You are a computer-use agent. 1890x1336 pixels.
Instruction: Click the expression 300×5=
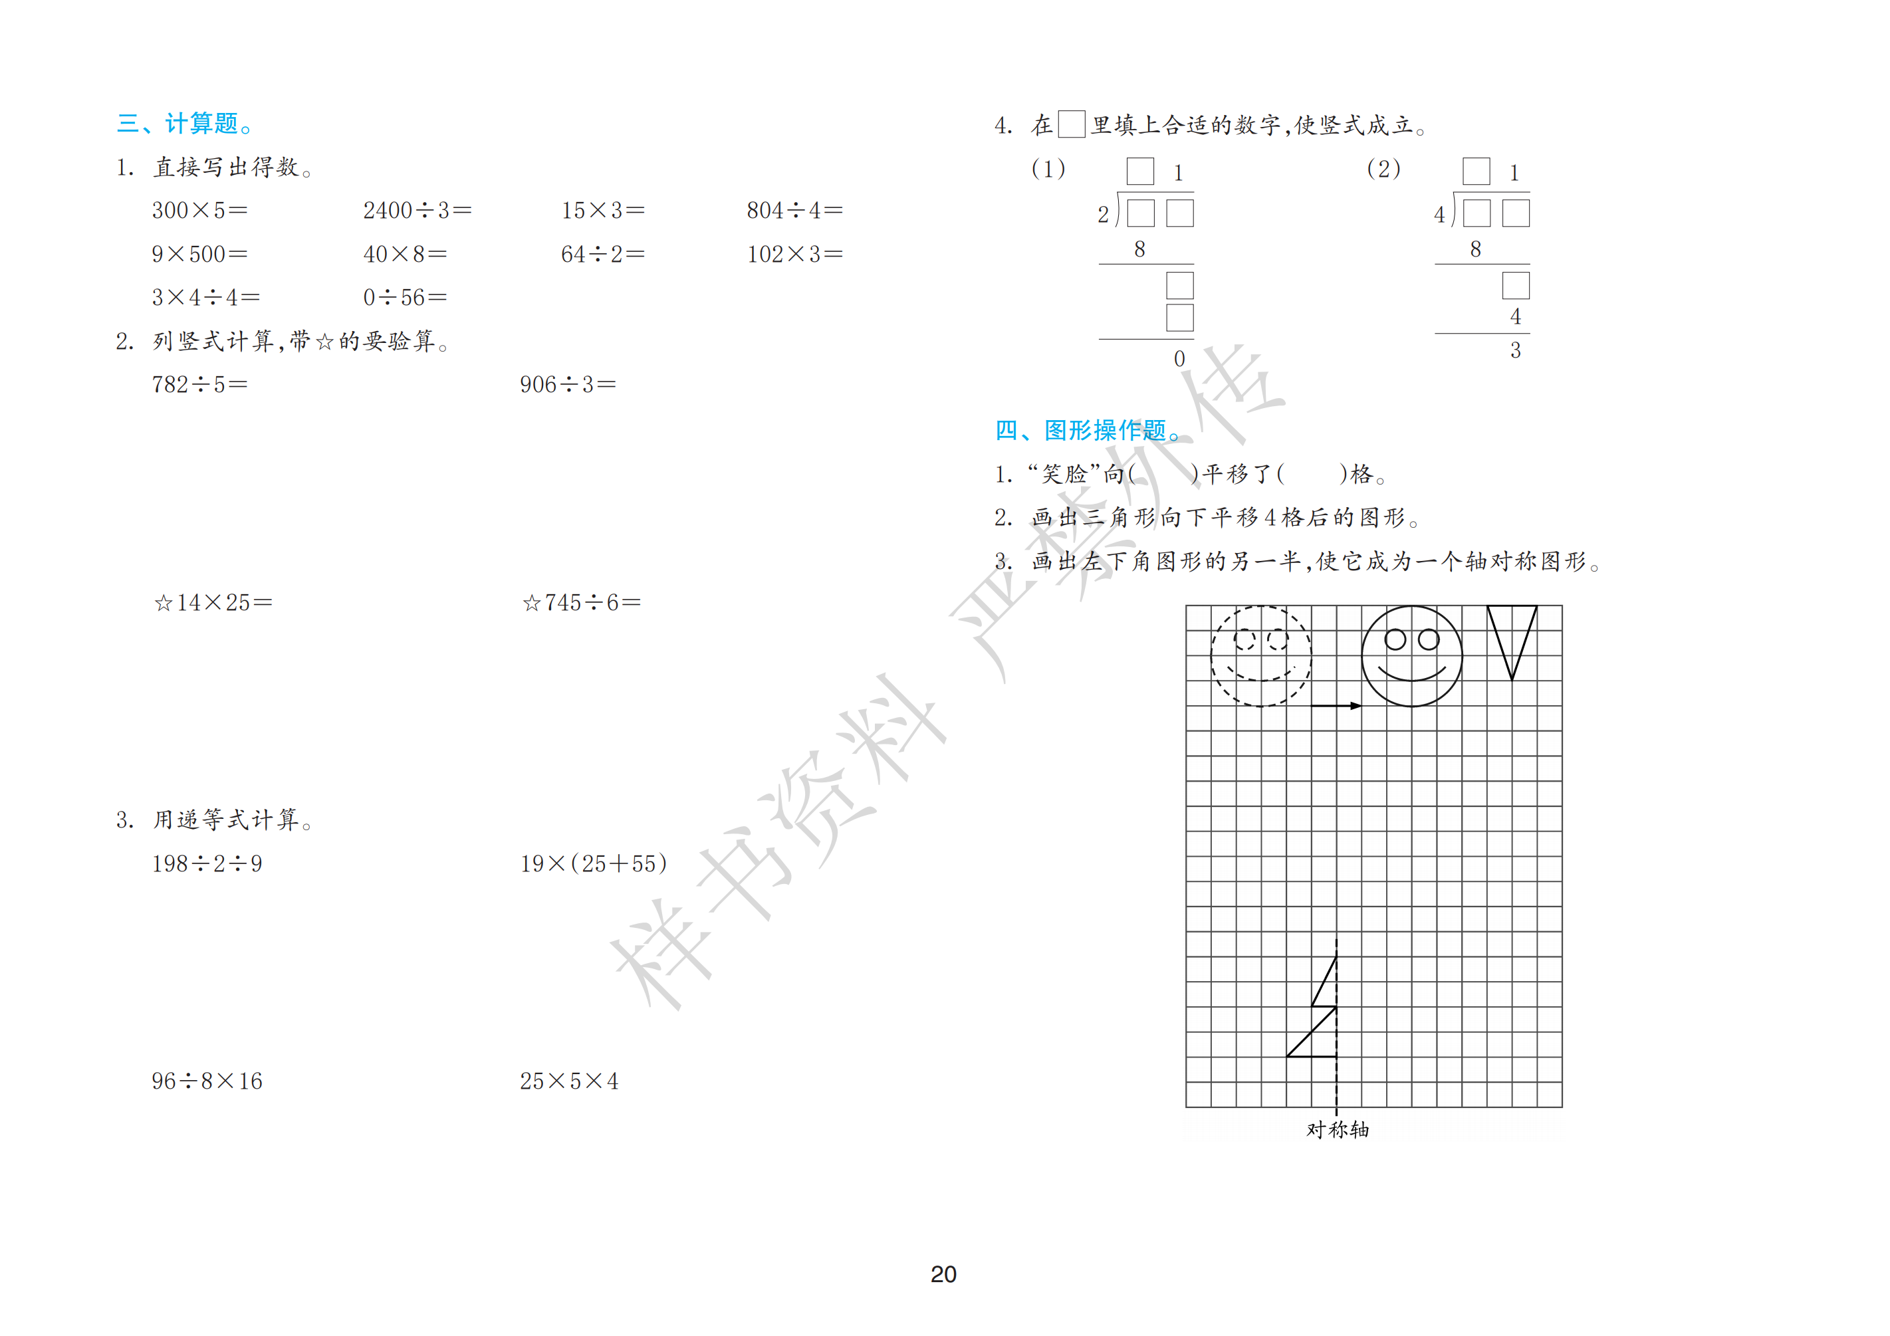pos(199,211)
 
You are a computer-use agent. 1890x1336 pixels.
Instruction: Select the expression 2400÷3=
pos(417,211)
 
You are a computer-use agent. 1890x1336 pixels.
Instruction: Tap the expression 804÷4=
pos(794,211)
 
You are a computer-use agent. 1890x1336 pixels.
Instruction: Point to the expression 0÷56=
pos(405,297)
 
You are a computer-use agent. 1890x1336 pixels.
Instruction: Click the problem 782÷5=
pos(199,384)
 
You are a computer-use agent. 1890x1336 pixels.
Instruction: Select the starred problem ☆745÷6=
pos(581,603)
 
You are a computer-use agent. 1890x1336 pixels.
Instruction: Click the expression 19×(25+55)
pos(594,863)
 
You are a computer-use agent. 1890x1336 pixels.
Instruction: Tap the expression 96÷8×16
pos(207,1081)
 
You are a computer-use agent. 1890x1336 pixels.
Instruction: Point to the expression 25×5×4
pos(569,1081)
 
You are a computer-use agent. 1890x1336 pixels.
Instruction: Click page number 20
pos(943,1274)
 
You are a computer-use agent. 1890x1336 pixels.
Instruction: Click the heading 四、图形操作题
pos(1088,431)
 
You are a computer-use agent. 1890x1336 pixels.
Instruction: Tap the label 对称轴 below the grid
pos(1338,1129)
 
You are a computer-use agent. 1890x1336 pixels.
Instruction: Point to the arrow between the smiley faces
pos(1336,705)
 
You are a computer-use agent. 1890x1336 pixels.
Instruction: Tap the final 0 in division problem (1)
pos(1179,359)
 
